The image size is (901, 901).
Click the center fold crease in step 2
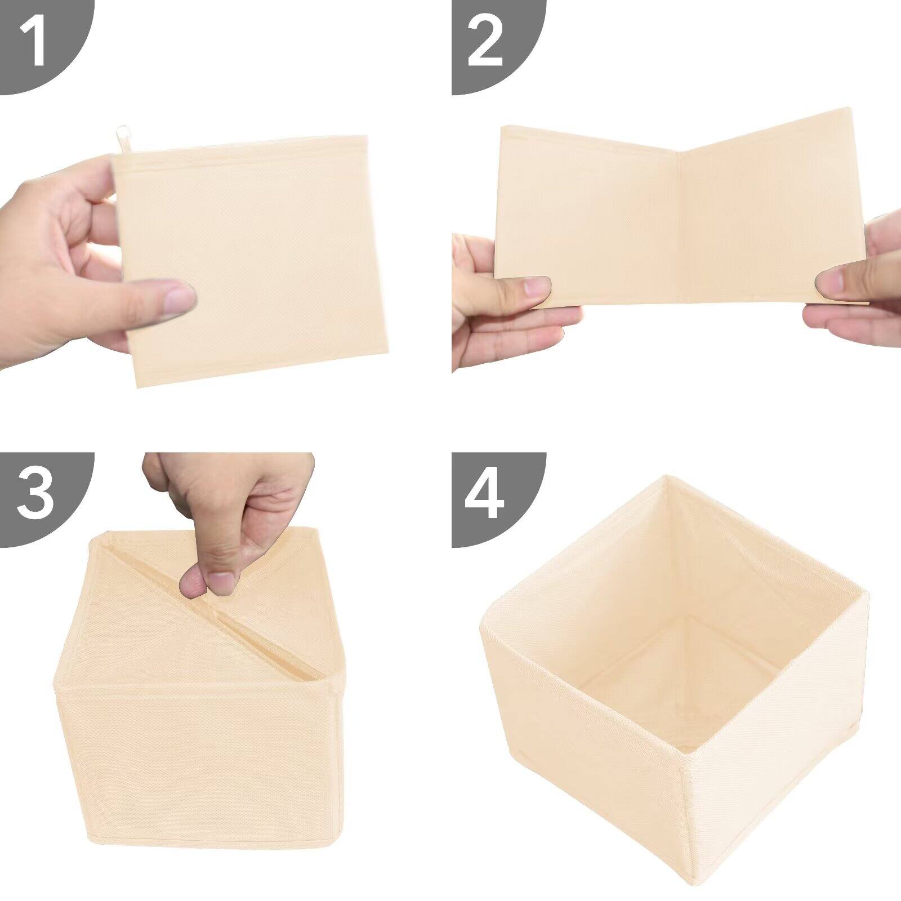(x=682, y=225)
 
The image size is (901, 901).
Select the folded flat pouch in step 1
(x=253, y=259)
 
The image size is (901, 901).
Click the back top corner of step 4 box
(x=667, y=479)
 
